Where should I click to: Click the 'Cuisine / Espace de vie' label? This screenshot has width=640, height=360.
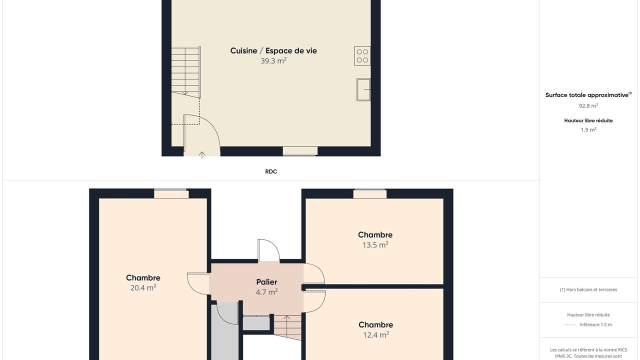(273, 51)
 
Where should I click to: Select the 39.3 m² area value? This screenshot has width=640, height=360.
(273, 61)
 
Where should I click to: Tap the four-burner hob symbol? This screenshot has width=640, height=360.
(362, 56)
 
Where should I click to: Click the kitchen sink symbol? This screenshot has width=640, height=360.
(363, 89)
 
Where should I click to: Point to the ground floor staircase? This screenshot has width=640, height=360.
(185, 72)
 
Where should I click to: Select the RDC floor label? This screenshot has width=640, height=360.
(271, 171)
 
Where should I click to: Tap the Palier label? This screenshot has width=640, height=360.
(266, 282)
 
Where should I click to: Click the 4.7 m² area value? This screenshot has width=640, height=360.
(266, 292)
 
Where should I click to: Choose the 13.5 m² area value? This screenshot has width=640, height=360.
(375, 245)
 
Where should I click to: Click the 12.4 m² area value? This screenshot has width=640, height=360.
(375, 334)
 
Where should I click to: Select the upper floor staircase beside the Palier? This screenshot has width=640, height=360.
(287, 327)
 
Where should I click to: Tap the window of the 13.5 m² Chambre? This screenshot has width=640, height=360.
(369, 193)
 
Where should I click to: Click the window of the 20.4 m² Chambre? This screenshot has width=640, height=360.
(171, 193)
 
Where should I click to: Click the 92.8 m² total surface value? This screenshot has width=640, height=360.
(588, 105)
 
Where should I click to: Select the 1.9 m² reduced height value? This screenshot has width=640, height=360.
(588, 129)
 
